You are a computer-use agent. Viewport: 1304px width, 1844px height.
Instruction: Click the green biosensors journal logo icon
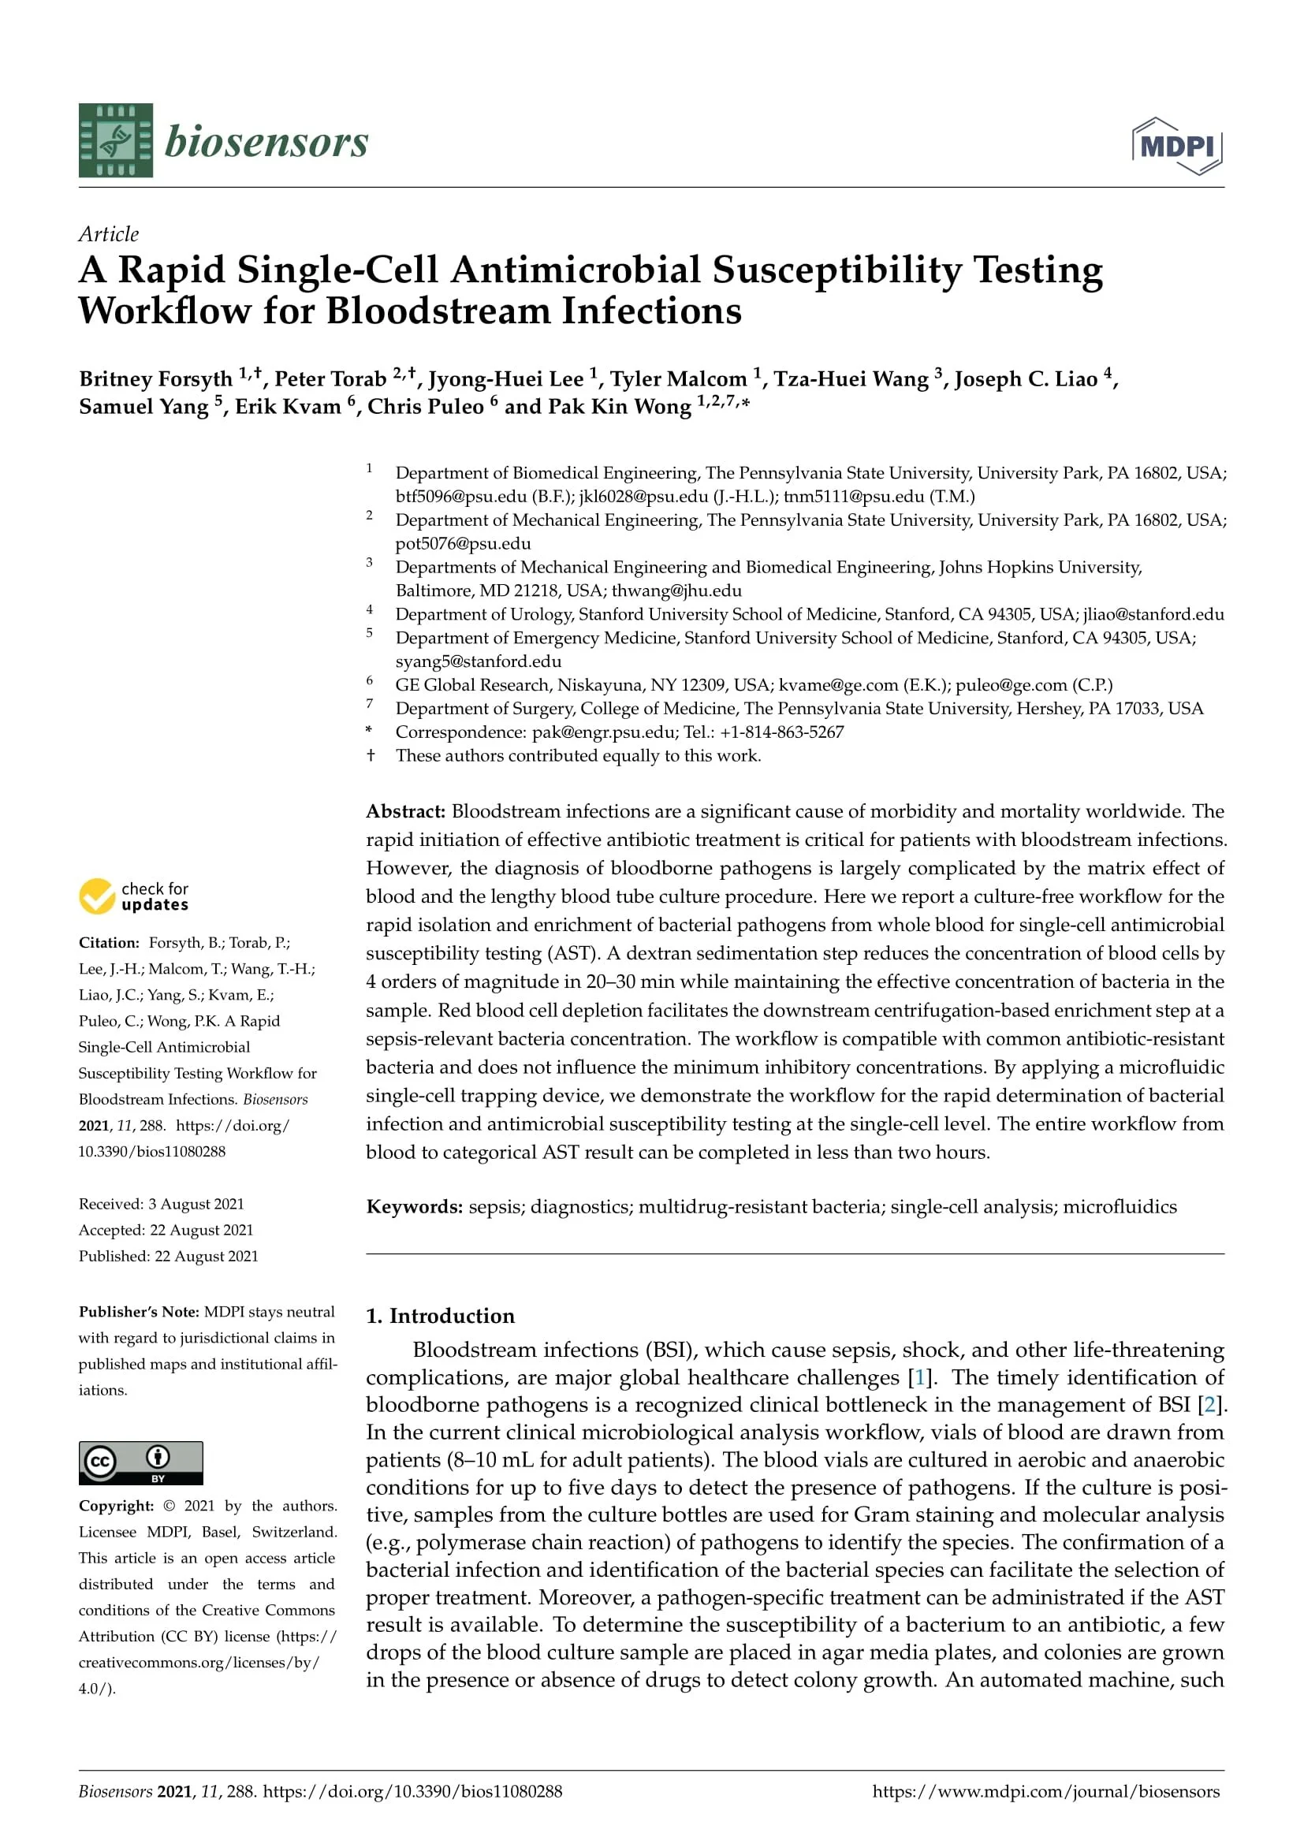pos(116,140)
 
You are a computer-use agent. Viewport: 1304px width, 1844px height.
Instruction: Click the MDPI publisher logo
pos(1177,146)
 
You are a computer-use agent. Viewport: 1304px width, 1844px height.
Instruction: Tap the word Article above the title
pos(108,233)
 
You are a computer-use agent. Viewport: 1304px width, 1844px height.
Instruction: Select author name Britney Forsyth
pos(156,379)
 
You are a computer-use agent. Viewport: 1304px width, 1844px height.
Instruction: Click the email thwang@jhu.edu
pos(676,590)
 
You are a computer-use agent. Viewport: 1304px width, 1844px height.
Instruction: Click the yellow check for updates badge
pos(134,896)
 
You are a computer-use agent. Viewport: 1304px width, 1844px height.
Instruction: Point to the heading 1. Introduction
pos(440,1316)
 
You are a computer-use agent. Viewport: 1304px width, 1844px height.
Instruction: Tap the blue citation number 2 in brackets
pos(1209,1405)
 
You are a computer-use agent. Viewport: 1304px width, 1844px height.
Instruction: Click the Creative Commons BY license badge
pos(140,1462)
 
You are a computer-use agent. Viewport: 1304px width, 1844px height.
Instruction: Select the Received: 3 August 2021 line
pos(162,1204)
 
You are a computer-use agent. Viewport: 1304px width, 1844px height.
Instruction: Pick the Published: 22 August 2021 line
pos(169,1256)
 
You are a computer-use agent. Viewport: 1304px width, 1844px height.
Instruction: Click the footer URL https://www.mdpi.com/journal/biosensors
pos(1045,1791)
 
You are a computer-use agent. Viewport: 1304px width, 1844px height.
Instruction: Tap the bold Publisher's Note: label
pos(139,1312)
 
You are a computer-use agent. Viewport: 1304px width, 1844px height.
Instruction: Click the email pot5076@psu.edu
pos(464,544)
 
